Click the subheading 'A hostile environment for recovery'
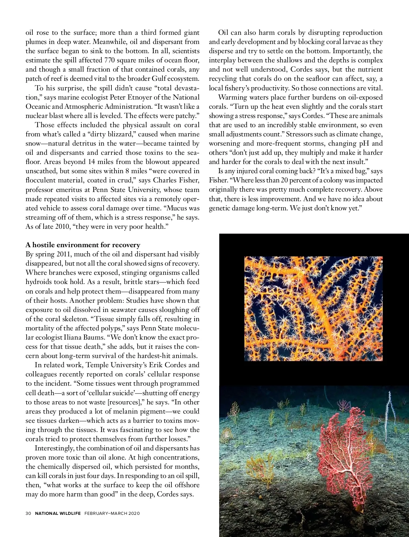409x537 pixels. [x=83, y=245]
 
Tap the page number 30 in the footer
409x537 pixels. [x=28, y=513]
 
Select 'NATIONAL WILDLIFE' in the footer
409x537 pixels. [x=58, y=513]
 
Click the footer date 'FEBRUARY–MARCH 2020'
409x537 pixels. [x=112, y=513]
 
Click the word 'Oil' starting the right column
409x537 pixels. [x=223, y=33]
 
